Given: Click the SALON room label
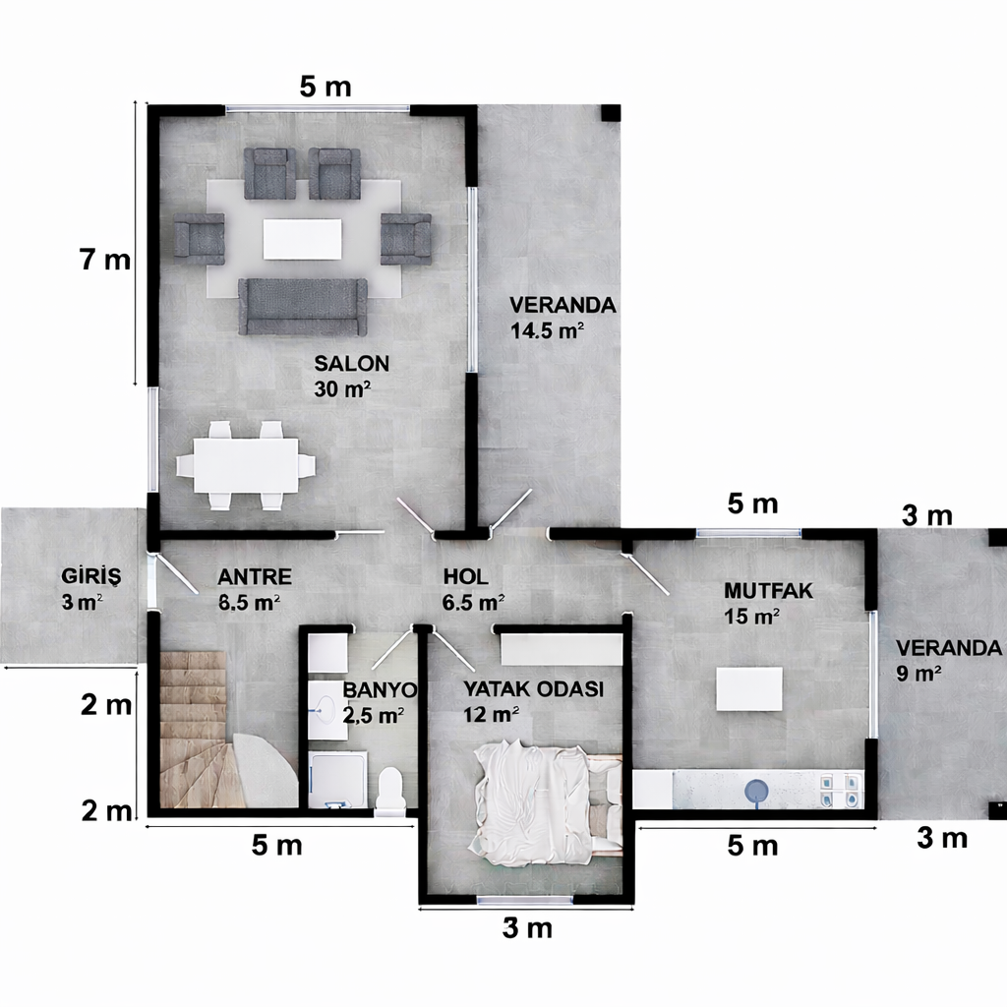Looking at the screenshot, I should [x=351, y=363].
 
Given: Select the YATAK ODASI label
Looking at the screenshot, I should [x=532, y=689].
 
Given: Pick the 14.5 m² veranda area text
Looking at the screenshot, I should [x=547, y=330].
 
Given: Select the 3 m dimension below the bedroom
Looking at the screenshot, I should [x=527, y=927].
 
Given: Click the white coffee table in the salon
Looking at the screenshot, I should [x=303, y=239].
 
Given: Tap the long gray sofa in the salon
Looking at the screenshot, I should [x=303, y=306].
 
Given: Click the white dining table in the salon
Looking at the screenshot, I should [x=246, y=465].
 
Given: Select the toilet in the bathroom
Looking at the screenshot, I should [x=390, y=790].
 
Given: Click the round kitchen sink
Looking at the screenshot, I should [x=758, y=791].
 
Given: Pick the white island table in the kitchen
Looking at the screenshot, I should [x=749, y=688].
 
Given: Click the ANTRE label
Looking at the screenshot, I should [x=255, y=577].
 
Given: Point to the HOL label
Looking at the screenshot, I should [x=466, y=577].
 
